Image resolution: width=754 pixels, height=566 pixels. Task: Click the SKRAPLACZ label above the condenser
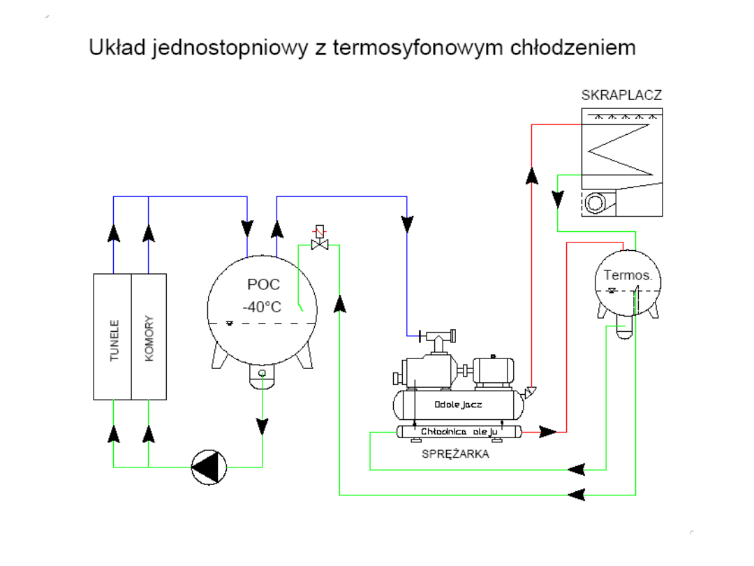coord(621,96)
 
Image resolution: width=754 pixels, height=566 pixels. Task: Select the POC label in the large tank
coord(263,285)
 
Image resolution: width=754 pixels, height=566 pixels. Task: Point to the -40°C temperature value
coord(263,306)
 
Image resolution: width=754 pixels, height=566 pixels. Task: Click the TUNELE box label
coord(114,341)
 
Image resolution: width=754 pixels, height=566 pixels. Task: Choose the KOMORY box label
coord(149,338)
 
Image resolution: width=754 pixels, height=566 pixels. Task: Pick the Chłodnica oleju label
coord(458,432)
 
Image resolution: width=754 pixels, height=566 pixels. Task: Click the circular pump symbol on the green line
coord(209,467)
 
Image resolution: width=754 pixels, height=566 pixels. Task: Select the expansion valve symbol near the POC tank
coord(320,240)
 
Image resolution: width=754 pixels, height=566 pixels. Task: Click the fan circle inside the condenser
coord(596,203)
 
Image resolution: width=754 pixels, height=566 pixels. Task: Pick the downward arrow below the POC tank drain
coord(263,425)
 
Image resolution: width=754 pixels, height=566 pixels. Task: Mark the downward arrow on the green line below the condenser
coord(557,199)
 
